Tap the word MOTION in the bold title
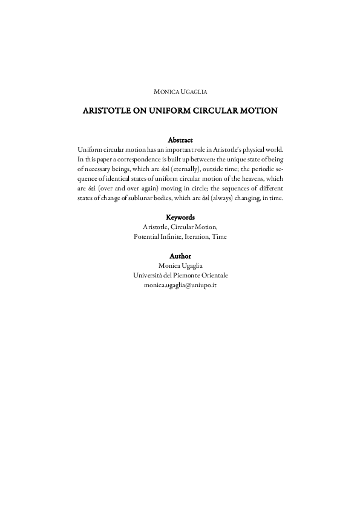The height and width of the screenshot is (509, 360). (261, 111)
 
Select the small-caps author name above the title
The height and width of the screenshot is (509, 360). (180, 91)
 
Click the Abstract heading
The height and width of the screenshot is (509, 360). (180, 140)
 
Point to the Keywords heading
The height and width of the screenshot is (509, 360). (180, 216)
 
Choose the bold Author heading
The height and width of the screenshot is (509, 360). (180, 256)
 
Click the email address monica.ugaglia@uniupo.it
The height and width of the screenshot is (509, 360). (180, 284)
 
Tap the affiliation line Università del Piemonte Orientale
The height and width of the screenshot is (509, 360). (180, 275)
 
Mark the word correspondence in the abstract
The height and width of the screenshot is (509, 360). (144, 159)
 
